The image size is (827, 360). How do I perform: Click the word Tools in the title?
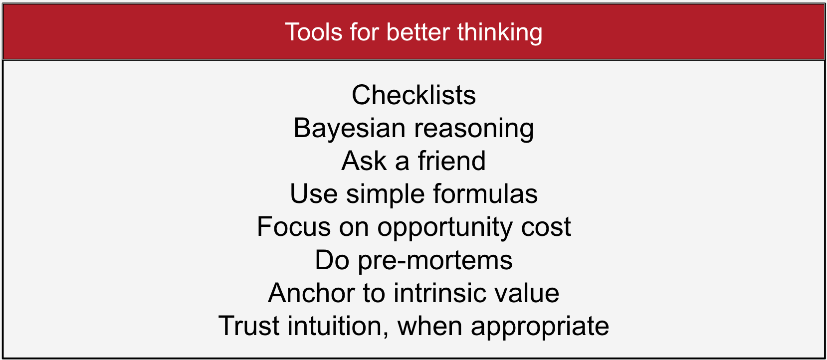click(x=314, y=32)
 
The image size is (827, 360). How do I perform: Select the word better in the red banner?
click(x=418, y=32)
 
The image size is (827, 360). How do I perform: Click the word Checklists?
click(x=413, y=95)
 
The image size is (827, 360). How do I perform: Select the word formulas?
click(x=485, y=193)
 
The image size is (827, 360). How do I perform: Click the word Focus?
click(x=294, y=226)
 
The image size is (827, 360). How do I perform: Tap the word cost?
click(x=546, y=227)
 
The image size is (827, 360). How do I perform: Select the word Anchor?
click(x=311, y=293)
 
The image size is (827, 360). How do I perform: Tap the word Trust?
click(x=248, y=326)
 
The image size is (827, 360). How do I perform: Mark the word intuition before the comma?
click(x=335, y=326)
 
